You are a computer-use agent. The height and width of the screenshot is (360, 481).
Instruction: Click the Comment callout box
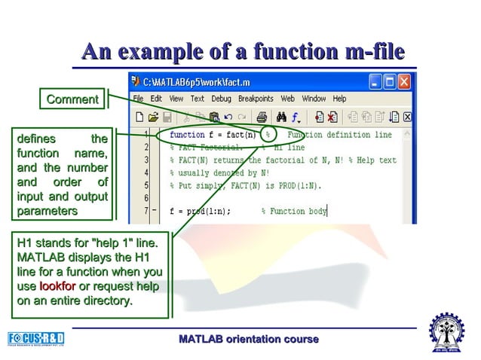tap(72, 99)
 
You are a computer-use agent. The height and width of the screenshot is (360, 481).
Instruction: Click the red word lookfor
tap(57, 286)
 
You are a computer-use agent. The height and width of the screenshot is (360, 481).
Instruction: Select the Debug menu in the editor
tap(221, 99)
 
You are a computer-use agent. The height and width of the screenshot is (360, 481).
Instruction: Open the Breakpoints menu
tap(256, 99)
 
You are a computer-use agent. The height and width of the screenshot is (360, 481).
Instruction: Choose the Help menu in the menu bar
tap(339, 99)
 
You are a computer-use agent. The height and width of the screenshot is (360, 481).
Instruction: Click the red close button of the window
tap(406, 81)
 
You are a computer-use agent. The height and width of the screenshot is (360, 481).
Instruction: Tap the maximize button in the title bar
tap(390, 81)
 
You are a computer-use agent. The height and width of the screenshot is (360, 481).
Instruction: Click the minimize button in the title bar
tap(375, 81)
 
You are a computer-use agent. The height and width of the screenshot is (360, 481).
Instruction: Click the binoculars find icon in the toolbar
tap(281, 117)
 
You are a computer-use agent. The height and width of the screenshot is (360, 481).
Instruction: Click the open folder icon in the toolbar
tap(154, 117)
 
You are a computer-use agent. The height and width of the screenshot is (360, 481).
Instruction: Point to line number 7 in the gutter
tap(146, 212)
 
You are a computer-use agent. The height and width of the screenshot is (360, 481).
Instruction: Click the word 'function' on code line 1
tap(187, 136)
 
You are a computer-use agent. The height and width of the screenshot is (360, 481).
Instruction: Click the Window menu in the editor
tap(314, 99)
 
